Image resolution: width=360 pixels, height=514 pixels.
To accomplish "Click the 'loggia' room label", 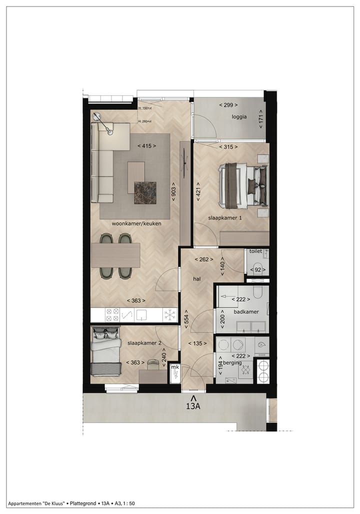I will click(239, 117).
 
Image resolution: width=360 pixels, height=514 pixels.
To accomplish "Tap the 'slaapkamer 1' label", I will click(225, 218).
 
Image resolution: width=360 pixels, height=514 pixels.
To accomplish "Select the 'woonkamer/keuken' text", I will click(136, 223).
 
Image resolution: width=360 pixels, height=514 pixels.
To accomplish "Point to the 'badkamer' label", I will click(246, 311).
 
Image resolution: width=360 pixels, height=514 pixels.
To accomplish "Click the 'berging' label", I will click(232, 362).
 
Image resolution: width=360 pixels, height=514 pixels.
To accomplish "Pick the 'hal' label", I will click(196, 279).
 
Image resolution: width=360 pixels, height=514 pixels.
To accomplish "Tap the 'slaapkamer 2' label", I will click(144, 343).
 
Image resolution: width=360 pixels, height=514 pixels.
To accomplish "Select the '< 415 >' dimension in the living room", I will click(146, 146).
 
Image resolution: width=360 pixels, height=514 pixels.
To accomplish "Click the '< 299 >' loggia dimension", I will click(228, 105).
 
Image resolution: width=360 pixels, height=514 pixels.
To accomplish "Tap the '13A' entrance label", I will click(193, 406).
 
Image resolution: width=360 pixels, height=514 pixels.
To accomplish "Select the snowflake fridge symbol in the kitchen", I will click(170, 314).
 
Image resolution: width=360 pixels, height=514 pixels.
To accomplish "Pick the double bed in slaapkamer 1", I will click(242, 186).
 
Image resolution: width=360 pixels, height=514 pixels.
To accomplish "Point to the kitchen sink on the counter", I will click(141, 314).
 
